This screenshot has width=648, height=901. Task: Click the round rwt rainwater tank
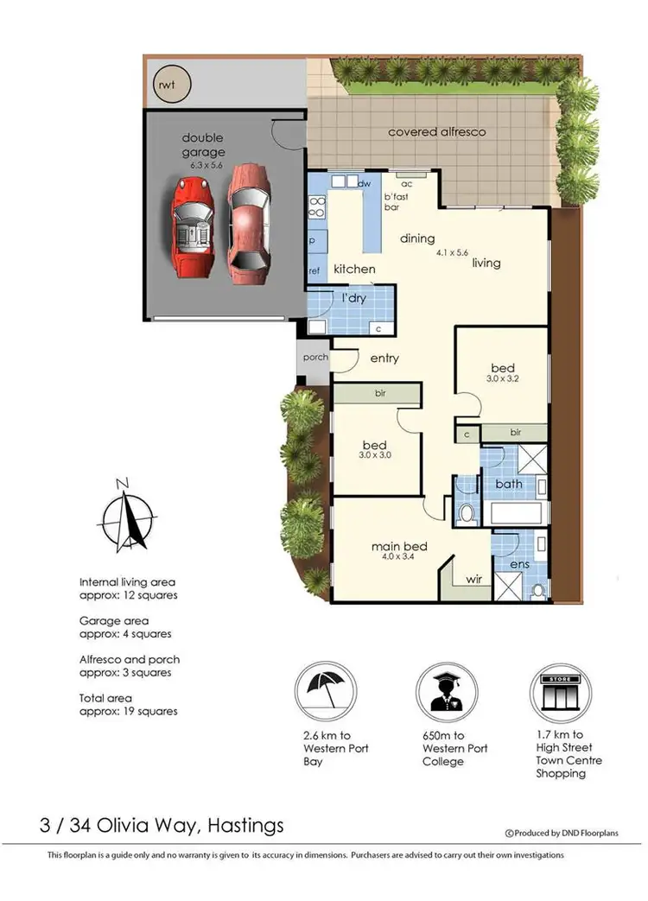click(x=164, y=84)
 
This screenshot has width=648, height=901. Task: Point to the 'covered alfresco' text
click(x=436, y=132)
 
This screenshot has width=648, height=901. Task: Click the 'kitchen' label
click(x=355, y=269)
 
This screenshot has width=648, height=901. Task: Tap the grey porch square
click(x=311, y=358)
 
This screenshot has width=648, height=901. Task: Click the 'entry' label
click(x=384, y=358)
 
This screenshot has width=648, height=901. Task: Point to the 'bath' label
click(x=509, y=484)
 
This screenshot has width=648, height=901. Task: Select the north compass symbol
click(x=126, y=517)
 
